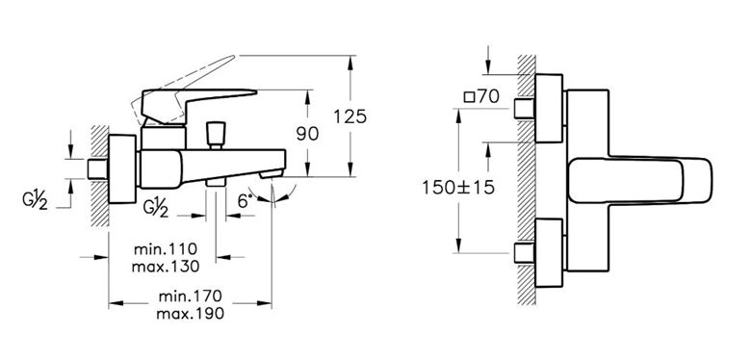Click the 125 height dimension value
pos(350,116)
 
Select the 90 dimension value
pos(307,134)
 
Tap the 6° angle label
pos(245,201)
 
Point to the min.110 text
pos(166,249)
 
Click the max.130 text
pos(166,267)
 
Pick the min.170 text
pos(190,296)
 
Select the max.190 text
pos(190,314)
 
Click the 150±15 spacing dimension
pos(458,188)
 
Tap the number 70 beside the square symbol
pos(488,97)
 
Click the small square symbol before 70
pos(470,97)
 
